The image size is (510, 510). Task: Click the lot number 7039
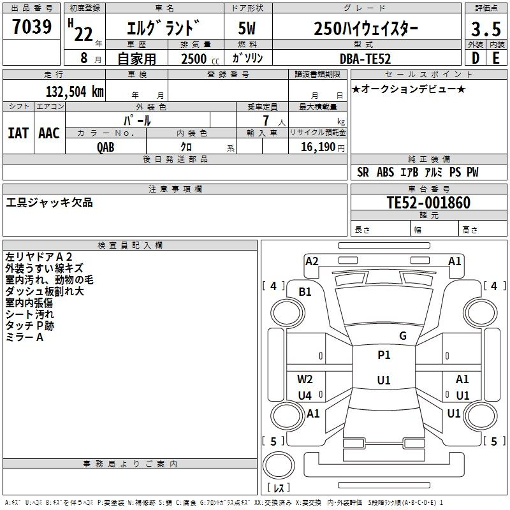click(x=32, y=26)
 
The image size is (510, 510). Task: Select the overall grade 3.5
click(x=486, y=29)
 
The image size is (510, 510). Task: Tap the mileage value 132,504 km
click(x=75, y=92)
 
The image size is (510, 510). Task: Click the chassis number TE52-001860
click(x=428, y=202)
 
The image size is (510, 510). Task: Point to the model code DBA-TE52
click(x=365, y=59)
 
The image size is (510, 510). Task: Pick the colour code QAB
click(x=105, y=147)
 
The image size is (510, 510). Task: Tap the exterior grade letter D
click(x=476, y=58)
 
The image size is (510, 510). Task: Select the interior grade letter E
click(x=496, y=58)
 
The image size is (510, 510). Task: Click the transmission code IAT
click(x=18, y=133)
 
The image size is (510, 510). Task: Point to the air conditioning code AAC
click(x=49, y=133)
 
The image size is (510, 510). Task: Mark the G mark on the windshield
click(x=403, y=336)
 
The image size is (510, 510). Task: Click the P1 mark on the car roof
click(x=384, y=355)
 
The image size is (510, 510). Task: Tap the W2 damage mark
click(x=305, y=379)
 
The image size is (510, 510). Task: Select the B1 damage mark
click(x=305, y=292)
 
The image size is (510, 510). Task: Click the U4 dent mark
click(x=305, y=395)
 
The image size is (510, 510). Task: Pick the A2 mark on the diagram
click(x=312, y=261)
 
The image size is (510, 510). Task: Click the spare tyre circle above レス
click(x=279, y=465)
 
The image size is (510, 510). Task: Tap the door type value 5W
click(x=247, y=28)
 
